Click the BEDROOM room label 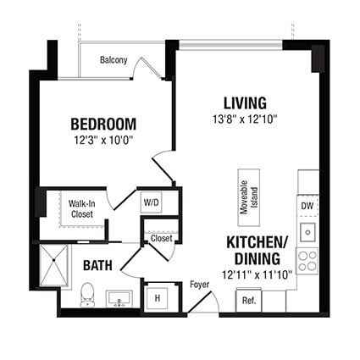[102, 124]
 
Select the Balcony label [113, 60]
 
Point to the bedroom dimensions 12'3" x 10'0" [104, 141]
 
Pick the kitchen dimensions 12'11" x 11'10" [256, 274]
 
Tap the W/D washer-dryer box [151, 202]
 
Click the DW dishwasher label [307, 205]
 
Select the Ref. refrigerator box [249, 300]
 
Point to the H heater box [157, 298]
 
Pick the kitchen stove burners [308, 260]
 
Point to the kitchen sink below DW [308, 230]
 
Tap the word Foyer [200, 284]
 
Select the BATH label [97, 265]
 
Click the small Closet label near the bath [161, 239]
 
